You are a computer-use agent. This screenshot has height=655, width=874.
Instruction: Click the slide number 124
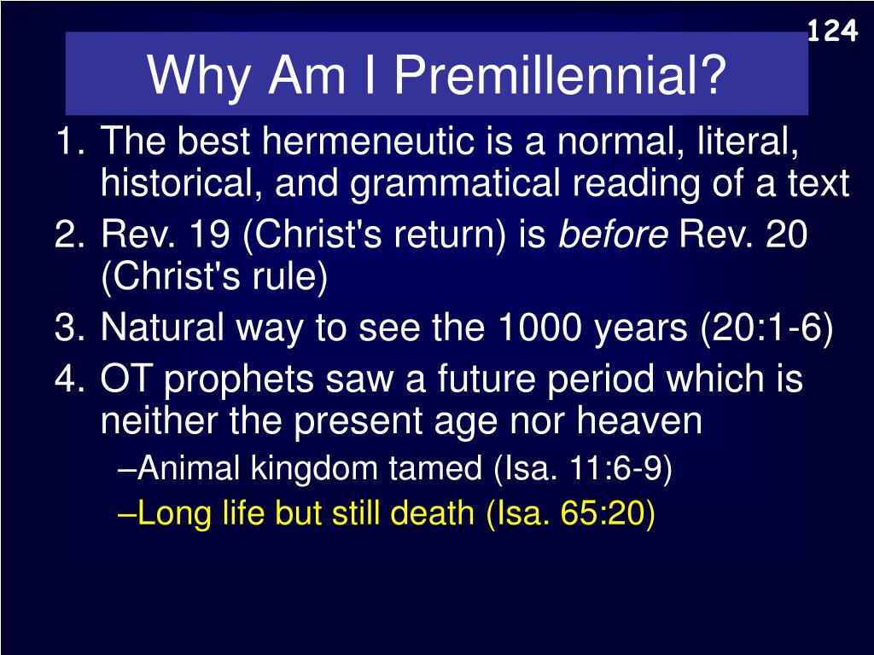832,31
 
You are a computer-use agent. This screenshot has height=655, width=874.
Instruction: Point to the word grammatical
455,184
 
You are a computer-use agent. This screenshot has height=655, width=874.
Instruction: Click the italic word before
613,234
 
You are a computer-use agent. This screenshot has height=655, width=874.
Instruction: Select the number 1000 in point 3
539,327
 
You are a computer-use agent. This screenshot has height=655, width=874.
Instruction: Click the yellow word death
432,513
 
